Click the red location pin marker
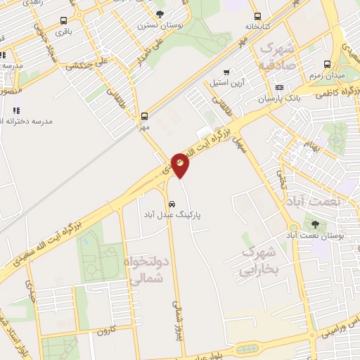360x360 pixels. [180, 165]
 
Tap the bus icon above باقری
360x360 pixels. [65, 21]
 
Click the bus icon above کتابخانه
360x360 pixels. [258, 17]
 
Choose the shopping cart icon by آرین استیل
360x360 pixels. [226, 72]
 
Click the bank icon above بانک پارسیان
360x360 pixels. [279, 88]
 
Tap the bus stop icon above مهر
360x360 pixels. [145, 117]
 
